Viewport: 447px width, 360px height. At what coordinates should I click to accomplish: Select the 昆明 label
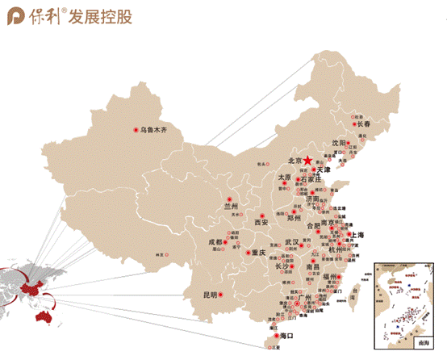[x=211, y=295]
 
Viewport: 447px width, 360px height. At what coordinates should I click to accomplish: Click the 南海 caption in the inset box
[x=425, y=342]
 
